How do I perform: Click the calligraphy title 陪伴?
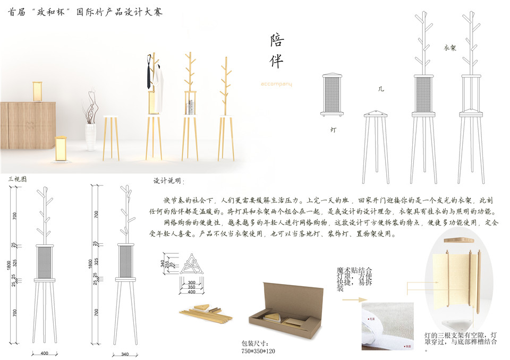[277, 51]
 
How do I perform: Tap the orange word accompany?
[276, 84]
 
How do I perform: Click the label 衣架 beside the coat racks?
[449, 48]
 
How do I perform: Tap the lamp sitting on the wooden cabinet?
[38, 91]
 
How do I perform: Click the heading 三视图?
[18, 179]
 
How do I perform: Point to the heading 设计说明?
[169, 181]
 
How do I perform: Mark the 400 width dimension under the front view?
[44, 353]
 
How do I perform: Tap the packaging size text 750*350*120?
[258, 351]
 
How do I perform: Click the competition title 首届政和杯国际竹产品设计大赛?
[85, 11]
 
